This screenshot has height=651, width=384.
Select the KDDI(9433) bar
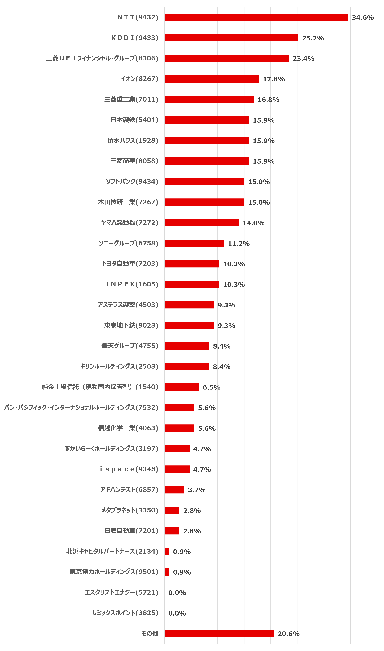[x=231, y=38]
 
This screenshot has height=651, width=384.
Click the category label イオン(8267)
[x=139, y=79]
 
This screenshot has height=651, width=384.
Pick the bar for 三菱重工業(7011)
[x=209, y=99]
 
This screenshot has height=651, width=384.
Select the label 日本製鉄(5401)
[x=134, y=120]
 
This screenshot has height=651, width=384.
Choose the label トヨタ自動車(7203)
[x=130, y=264]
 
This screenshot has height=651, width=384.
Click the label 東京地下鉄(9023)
[x=131, y=325]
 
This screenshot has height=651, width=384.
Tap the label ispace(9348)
[x=129, y=469]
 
